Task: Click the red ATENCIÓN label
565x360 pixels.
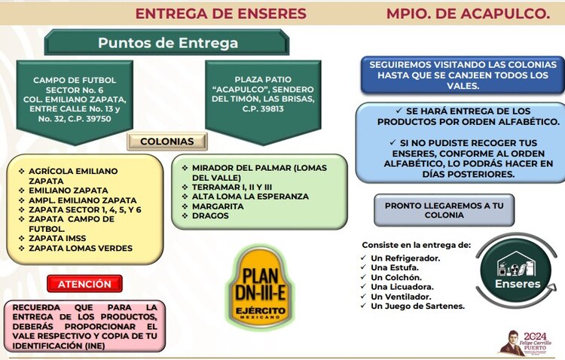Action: click(84, 284)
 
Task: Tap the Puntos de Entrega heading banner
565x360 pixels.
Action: click(167, 43)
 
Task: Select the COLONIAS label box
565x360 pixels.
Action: click(166, 142)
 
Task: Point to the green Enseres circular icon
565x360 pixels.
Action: click(517, 272)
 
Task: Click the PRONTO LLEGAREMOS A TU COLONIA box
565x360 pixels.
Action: click(433, 209)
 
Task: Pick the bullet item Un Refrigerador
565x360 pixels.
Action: click(405, 258)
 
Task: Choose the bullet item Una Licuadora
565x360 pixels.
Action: click(402, 287)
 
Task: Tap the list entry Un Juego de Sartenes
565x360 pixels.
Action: click(417, 306)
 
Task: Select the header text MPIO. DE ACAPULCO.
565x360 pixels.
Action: click(467, 14)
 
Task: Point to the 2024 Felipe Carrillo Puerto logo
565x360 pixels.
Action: click(529, 341)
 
